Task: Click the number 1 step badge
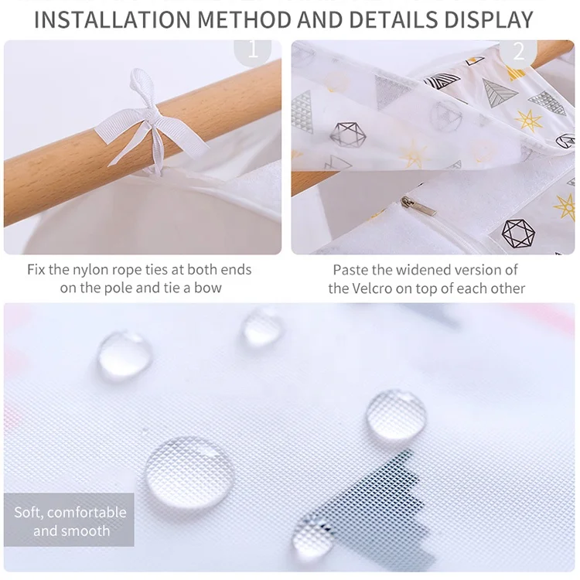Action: point(252,51)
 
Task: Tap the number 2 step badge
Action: point(518,51)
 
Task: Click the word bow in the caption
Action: point(210,288)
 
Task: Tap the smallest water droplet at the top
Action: point(263,326)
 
